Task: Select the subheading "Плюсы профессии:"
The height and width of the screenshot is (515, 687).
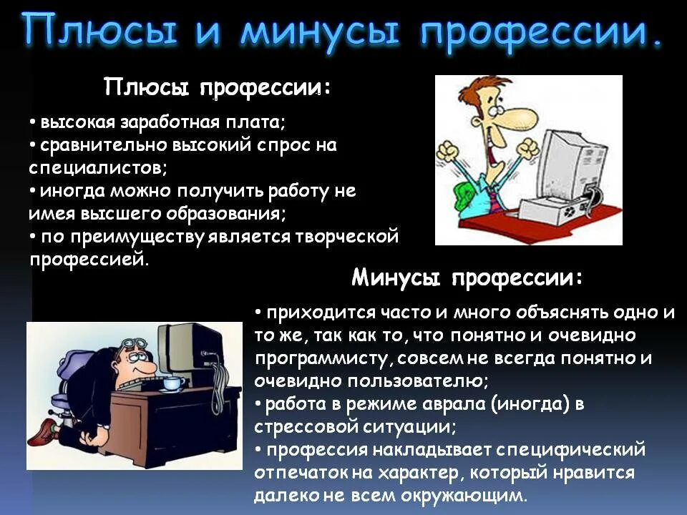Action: point(218,89)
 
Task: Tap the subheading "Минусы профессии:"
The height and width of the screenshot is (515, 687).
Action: point(467,278)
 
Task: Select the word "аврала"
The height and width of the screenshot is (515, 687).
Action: point(442,404)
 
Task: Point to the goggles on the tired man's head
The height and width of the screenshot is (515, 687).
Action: point(135,345)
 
